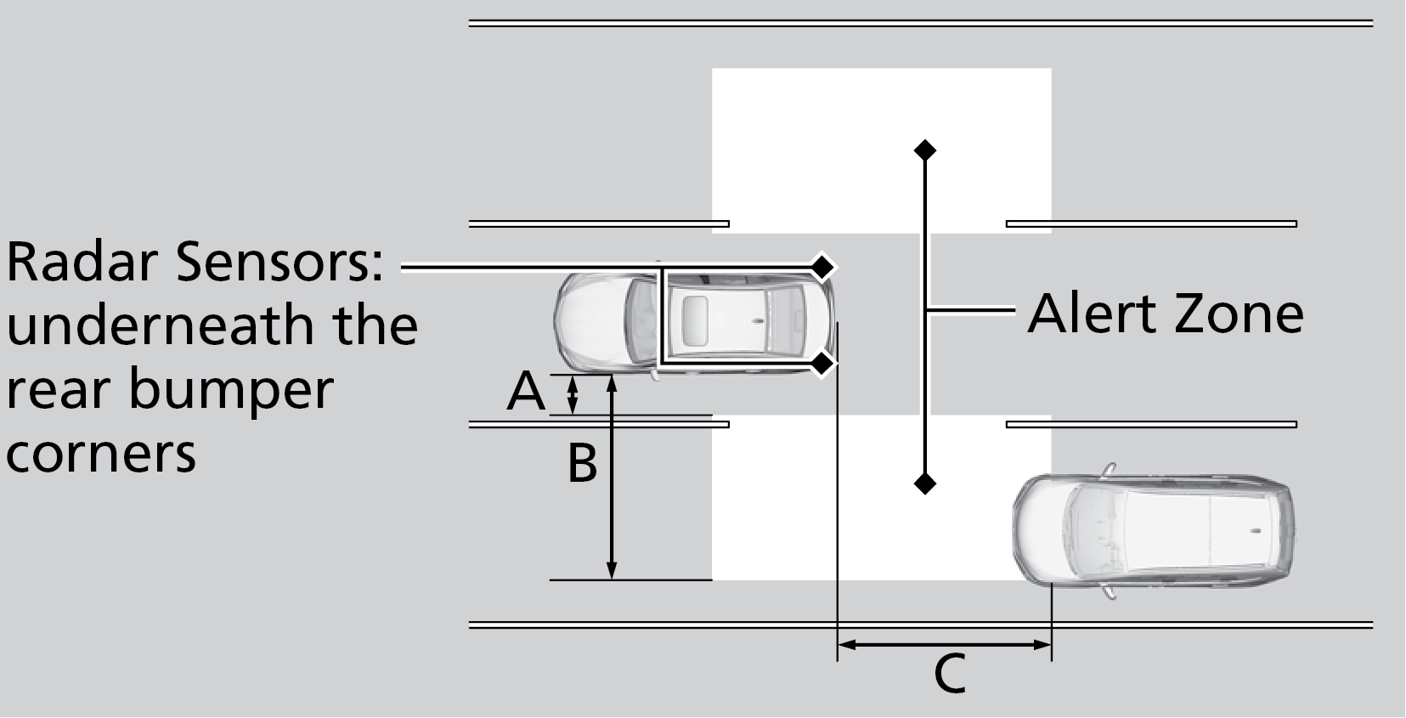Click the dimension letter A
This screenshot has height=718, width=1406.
pyautogui.click(x=526, y=393)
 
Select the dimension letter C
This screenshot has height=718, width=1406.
pyautogui.click(x=949, y=674)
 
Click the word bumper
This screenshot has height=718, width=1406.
pyautogui.click(x=231, y=389)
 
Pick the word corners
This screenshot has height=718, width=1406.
pyautogui.click(x=101, y=453)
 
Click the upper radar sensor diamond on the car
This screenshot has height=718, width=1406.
pyautogui.click(x=822, y=267)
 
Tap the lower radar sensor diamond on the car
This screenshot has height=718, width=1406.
pyautogui.click(x=822, y=365)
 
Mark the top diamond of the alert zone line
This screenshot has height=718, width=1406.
pyautogui.click(x=924, y=150)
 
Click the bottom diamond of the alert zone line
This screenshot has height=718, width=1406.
pyautogui.click(x=924, y=483)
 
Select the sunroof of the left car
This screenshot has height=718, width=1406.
pyautogui.click(x=695, y=320)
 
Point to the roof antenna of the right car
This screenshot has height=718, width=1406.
pyautogui.click(x=1255, y=531)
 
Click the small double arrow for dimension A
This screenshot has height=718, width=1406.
pyautogui.click(x=573, y=394)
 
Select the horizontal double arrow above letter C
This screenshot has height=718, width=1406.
pyautogui.click(x=945, y=645)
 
